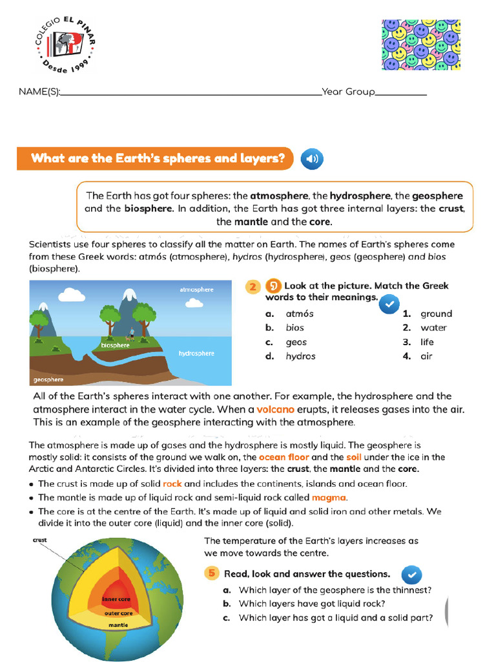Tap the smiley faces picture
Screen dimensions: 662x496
pyautogui.click(x=421, y=45)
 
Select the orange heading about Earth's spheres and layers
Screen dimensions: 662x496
pyautogui.click(x=158, y=158)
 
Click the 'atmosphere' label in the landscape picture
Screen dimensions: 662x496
pyautogui.click(x=196, y=290)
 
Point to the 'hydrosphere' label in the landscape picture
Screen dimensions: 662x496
pyautogui.click(x=196, y=354)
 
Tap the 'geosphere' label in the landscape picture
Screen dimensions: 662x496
pyautogui.click(x=48, y=379)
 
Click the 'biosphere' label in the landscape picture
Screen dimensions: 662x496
pyautogui.click(x=115, y=345)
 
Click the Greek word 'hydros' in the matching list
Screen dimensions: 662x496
pyautogui.click(x=300, y=356)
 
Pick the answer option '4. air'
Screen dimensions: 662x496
pyautogui.click(x=418, y=356)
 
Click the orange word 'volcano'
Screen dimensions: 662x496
pyautogui.click(x=275, y=409)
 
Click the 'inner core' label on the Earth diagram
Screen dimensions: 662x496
pyautogui.click(x=117, y=599)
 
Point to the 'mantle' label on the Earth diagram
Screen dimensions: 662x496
pyautogui.click(x=118, y=625)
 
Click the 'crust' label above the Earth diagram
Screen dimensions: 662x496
pyautogui.click(x=40, y=539)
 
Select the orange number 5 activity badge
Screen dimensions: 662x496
pyautogui.click(x=211, y=573)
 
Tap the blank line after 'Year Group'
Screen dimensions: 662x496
pyautogui.click(x=400, y=92)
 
